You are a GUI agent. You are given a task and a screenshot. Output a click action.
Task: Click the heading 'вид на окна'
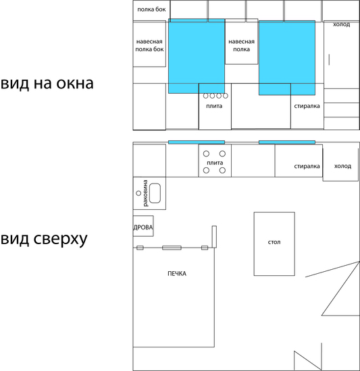[x=47, y=83]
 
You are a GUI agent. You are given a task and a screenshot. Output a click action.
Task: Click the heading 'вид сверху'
[x=44, y=239]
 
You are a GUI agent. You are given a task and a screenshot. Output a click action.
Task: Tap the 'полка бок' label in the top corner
[x=151, y=9]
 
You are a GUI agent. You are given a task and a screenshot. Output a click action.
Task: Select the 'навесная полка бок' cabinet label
[x=149, y=45]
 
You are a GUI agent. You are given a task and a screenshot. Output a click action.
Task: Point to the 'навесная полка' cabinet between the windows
[x=241, y=41]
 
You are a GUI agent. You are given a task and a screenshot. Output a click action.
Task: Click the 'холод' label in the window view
[x=341, y=24]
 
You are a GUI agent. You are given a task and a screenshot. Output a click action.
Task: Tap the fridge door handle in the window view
[x=329, y=59]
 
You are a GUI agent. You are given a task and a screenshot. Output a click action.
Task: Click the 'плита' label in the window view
[x=214, y=106]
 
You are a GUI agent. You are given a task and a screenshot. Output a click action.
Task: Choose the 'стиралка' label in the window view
[x=307, y=106]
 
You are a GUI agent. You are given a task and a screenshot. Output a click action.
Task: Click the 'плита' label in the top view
[x=215, y=163]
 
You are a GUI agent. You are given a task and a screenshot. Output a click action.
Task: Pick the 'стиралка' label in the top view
[x=307, y=167]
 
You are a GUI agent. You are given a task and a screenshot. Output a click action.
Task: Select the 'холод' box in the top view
[x=340, y=165]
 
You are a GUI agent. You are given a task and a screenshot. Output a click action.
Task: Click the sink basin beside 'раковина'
[x=155, y=194]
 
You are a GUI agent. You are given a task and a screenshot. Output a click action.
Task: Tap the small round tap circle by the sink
[x=138, y=194]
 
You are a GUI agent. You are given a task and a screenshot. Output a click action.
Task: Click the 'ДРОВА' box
[x=143, y=226]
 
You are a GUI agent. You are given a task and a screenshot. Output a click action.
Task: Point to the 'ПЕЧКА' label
[x=177, y=274]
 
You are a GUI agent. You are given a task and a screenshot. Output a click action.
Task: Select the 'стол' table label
[x=274, y=242]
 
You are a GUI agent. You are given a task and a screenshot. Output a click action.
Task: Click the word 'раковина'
[x=145, y=193]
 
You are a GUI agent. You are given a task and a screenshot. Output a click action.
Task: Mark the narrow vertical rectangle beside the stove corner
[x=214, y=237]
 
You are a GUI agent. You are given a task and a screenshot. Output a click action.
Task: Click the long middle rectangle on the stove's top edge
[x=172, y=248]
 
